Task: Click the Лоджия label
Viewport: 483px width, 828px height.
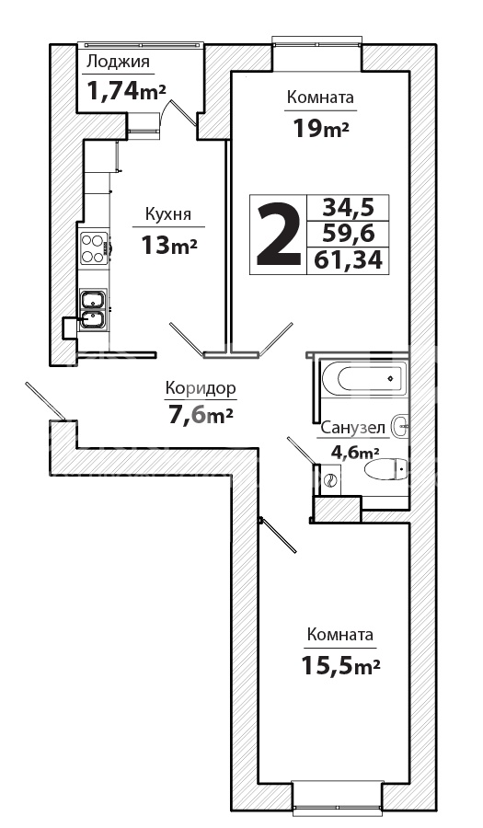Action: [x=118, y=63]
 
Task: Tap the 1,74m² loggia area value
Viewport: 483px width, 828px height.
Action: [x=126, y=92]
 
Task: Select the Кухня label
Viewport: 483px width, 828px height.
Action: [x=168, y=215]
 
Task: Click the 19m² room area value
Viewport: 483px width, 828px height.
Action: [x=321, y=128]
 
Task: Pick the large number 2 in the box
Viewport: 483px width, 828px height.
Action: [x=278, y=235]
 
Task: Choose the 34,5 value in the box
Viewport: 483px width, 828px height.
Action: [x=349, y=208]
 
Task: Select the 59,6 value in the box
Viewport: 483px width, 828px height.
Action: [x=349, y=234]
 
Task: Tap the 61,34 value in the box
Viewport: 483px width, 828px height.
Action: [x=348, y=259]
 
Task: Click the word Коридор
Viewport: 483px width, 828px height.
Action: [x=200, y=388]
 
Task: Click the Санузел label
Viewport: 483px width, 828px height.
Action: [x=353, y=428]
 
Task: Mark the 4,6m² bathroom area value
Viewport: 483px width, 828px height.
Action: [x=355, y=452]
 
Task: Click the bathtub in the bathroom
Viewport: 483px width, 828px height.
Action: [x=364, y=378]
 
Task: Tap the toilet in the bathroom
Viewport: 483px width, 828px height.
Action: [x=385, y=468]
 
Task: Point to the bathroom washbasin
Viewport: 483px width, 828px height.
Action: [x=400, y=425]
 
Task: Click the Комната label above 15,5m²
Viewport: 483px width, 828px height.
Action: [x=340, y=635]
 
